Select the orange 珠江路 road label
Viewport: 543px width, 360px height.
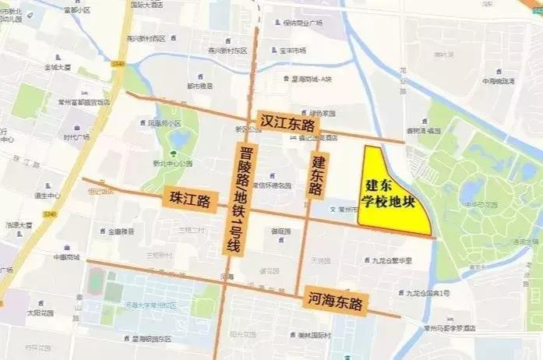[189, 200]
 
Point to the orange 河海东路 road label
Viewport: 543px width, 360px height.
[335, 300]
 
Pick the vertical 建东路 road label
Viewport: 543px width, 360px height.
[317, 176]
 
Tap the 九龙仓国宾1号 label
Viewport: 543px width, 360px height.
[428, 293]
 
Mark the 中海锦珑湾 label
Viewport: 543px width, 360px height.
[499, 81]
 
